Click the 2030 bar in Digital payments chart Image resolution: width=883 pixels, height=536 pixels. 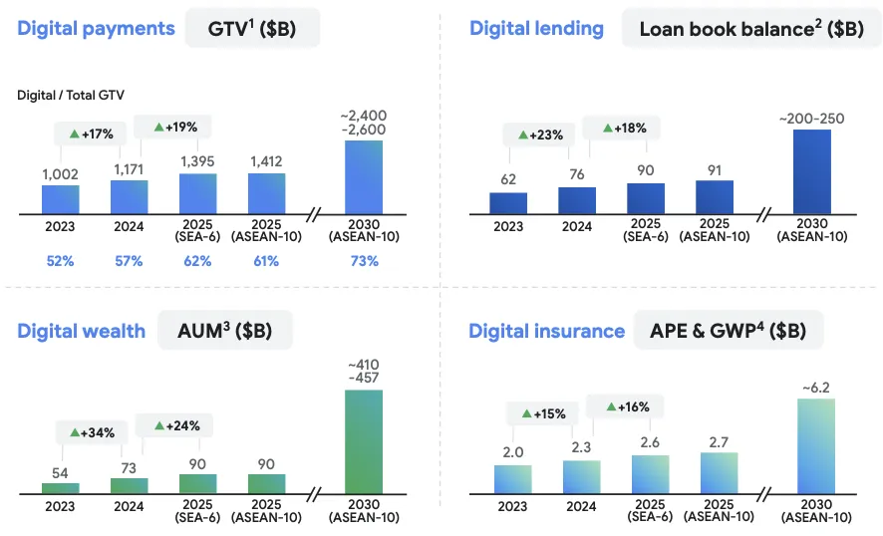[363, 176]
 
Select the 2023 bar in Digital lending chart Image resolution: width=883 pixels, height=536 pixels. [508, 202]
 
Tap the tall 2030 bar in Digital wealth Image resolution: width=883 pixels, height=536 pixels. [363, 441]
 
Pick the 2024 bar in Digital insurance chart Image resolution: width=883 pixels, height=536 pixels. [581, 476]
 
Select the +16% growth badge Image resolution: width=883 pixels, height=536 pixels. [623, 406]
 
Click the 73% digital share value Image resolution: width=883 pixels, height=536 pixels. [364, 261]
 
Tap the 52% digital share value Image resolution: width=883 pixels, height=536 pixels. [60, 261]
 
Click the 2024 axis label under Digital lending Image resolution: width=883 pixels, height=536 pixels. [577, 226]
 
